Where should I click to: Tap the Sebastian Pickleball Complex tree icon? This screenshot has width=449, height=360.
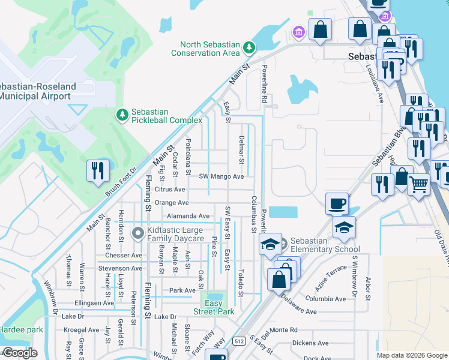tap(122, 114)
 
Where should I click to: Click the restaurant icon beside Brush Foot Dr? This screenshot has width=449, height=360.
tap(96, 170)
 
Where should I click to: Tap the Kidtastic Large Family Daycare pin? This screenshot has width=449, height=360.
tap(138, 233)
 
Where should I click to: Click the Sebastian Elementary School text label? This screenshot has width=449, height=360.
tap(325, 245)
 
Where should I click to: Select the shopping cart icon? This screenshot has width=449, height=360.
tap(418, 184)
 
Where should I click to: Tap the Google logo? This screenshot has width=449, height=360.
tap(20, 353)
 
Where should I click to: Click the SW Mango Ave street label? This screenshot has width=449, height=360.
tap(221, 176)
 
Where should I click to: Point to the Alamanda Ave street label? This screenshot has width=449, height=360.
tap(188, 216)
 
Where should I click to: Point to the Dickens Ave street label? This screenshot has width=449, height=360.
tap(310, 343)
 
